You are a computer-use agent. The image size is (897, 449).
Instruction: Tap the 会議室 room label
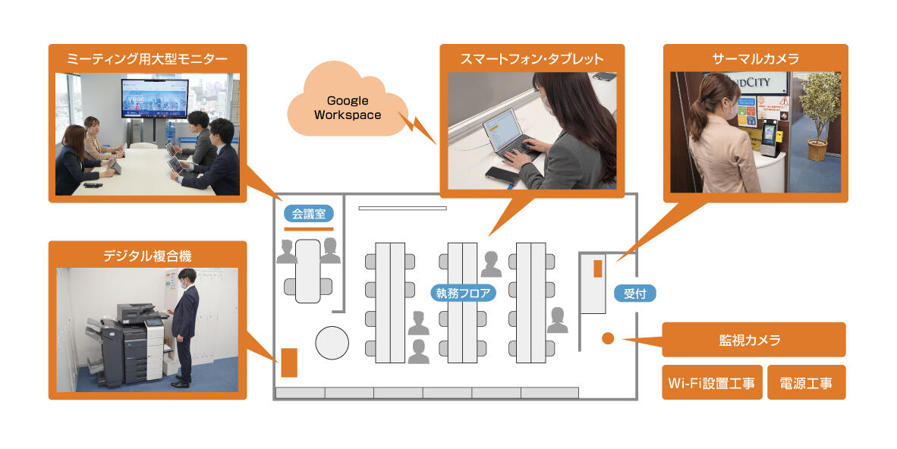308,215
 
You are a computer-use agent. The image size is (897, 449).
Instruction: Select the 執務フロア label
465,292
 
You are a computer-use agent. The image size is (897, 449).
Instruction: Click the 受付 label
634,293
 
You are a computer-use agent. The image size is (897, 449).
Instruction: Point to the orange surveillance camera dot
608,338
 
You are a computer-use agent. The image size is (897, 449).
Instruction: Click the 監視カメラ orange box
754,340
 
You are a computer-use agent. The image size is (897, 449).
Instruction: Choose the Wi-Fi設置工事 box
711,383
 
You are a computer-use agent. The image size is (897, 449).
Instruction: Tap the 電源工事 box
806,383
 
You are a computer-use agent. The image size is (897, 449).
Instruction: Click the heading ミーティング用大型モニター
147,58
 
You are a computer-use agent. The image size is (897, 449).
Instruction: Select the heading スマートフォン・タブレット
532,58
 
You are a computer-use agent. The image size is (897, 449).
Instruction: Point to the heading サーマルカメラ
755,58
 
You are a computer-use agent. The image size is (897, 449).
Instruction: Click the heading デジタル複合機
147,256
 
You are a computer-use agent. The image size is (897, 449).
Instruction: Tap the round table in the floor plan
332,343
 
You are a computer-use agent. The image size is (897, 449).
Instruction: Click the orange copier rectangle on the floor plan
289,362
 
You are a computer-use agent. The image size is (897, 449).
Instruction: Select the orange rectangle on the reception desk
598,268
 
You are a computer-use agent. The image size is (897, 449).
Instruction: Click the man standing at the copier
184,326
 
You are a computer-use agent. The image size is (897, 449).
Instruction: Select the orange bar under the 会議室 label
308,228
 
